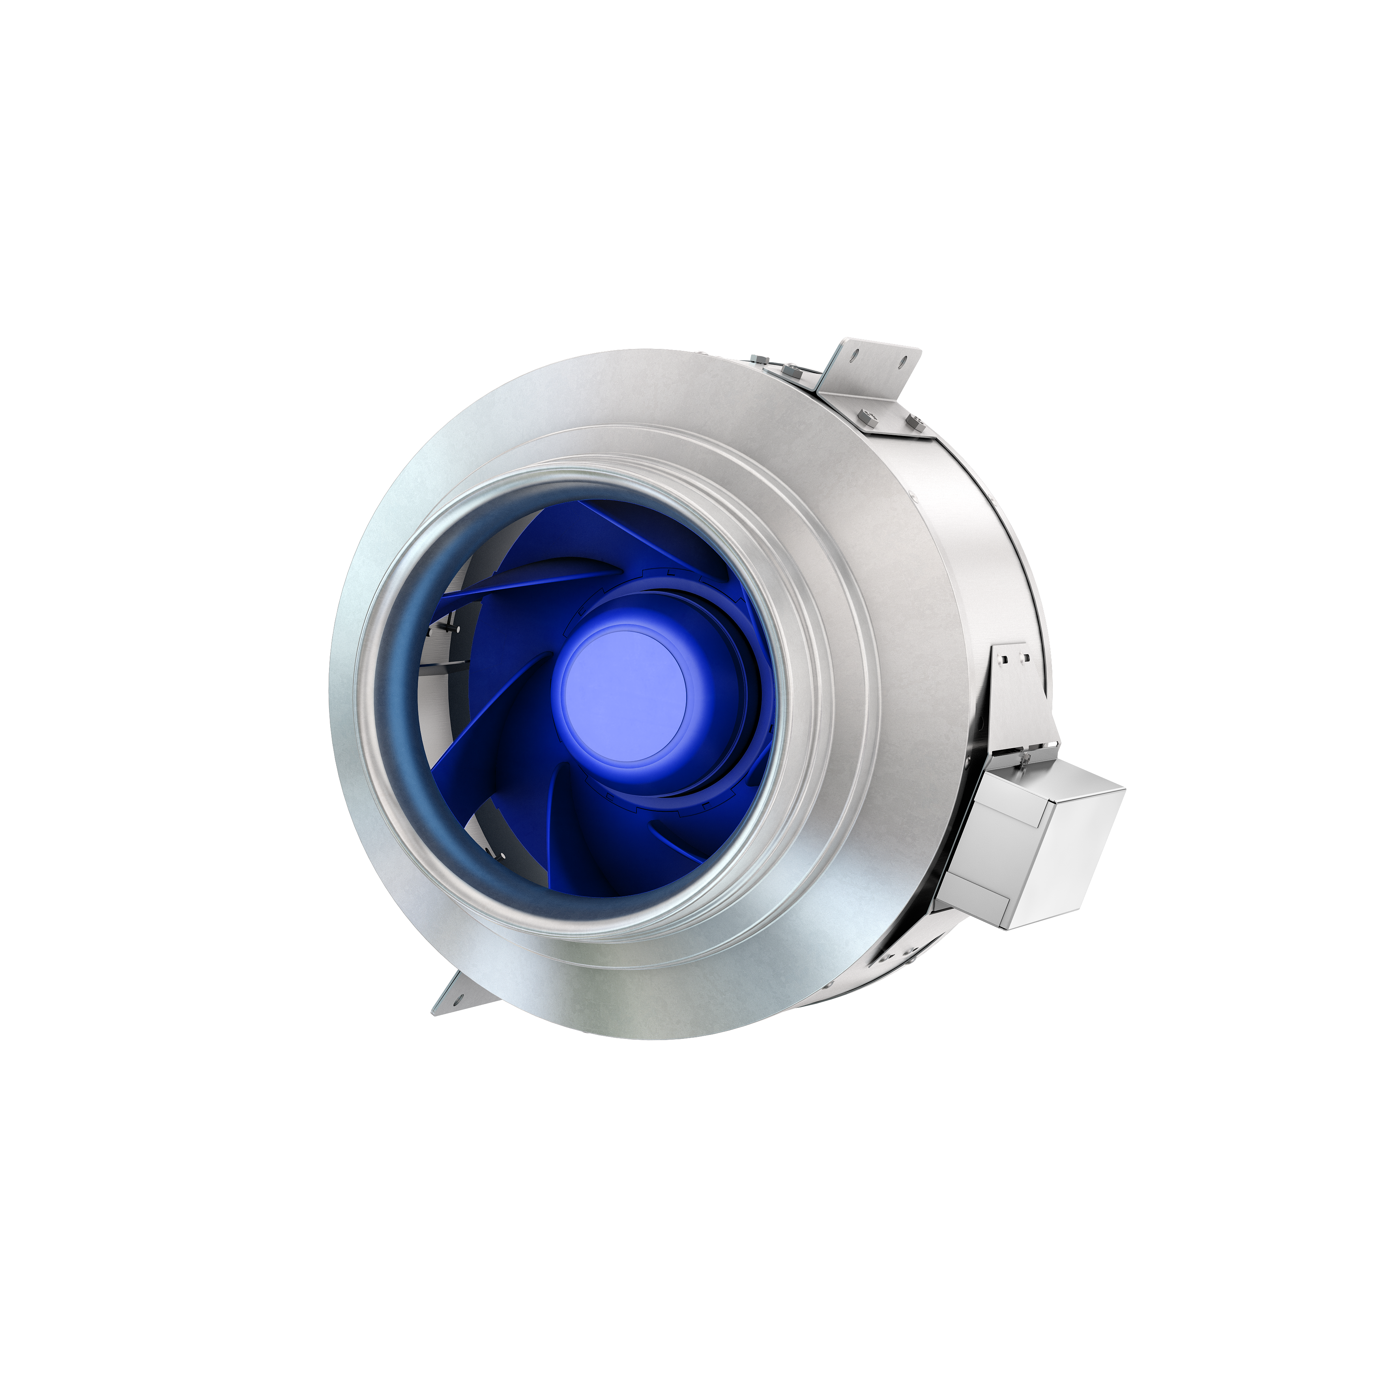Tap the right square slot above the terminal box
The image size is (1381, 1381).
pyautogui.click(x=1026, y=657)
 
